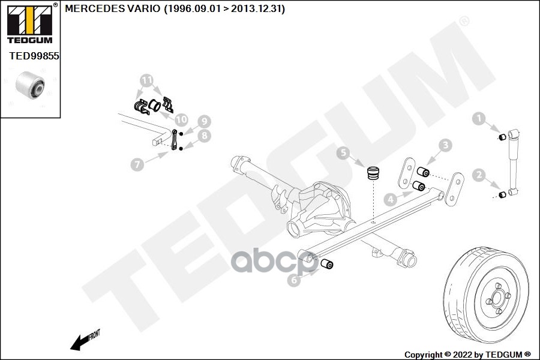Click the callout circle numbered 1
pyautogui.click(x=478, y=118)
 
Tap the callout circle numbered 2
pyautogui.click(x=479, y=175)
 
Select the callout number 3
pyautogui.click(x=445, y=145)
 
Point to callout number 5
pyautogui.click(x=343, y=152)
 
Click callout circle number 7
pyautogui.click(x=137, y=164)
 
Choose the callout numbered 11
pyautogui.click(x=147, y=80)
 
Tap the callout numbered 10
pyautogui.click(x=181, y=119)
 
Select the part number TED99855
pyautogui.click(x=34, y=56)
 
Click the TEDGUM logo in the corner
pyautogui.click(x=30, y=23)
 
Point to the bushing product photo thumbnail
pyautogui.click(x=30, y=85)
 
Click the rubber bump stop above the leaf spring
pyautogui.click(x=373, y=173)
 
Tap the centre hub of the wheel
pyautogui.click(x=497, y=298)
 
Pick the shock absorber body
pyautogui.click(x=513, y=162)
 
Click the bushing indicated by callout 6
pyautogui.click(x=327, y=264)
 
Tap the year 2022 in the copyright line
pyautogui.click(x=462, y=355)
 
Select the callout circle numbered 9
pyautogui.click(x=204, y=121)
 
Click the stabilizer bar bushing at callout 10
pyautogui.click(x=155, y=105)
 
